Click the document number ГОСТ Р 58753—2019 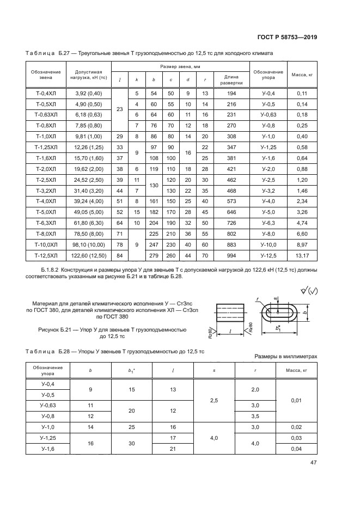pyautogui.click(x=288, y=37)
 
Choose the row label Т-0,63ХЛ pyautogui.click(x=45, y=115)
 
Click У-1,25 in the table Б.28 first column pyautogui.click(x=48, y=438)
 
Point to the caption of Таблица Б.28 pyautogui.click(x=114, y=351)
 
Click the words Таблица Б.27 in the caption pyautogui.click(x=48, y=53)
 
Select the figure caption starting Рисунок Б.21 pyautogui.click(x=105, y=333)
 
